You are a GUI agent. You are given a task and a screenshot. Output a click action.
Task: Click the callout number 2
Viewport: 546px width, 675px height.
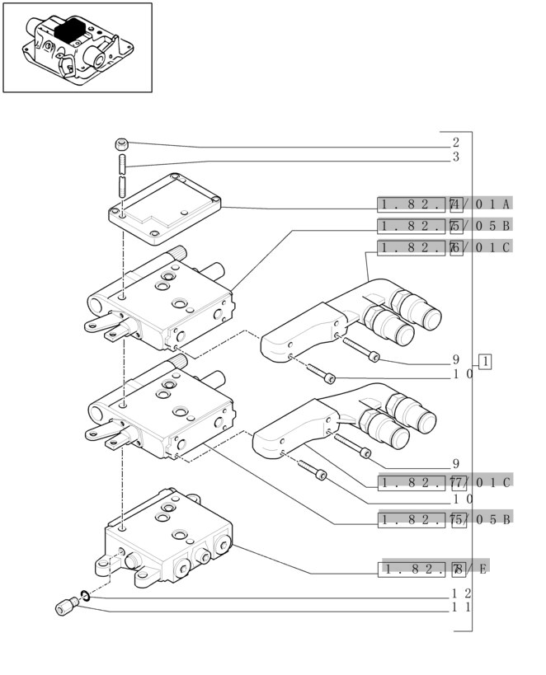pyautogui.click(x=455, y=143)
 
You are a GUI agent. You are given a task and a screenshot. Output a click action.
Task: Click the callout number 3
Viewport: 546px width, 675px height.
pyautogui.click(x=455, y=157)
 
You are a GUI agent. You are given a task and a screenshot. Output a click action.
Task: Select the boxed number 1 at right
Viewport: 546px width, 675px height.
pyautogui.click(x=485, y=361)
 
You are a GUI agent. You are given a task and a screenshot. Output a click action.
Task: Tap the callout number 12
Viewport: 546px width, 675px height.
pyautogui.click(x=461, y=593)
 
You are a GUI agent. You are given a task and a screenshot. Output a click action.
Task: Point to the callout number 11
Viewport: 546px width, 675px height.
pyautogui.click(x=461, y=607)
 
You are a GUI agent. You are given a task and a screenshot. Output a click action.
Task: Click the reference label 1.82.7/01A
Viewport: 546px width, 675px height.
pyautogui.click(x=445, y=204)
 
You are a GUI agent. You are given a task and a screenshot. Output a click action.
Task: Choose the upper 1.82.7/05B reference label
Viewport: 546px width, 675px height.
pyautogui.click(x=445, y=225)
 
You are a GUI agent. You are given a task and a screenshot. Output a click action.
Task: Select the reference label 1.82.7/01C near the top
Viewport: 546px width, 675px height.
pyautogui.click(x=445, y=246)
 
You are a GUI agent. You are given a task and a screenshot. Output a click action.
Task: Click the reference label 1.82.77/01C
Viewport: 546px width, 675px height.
pyautogui.click(x=445, y=481)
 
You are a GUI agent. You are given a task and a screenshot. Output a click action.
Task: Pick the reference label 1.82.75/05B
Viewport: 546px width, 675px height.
pyautogui.click(x=445, y=518)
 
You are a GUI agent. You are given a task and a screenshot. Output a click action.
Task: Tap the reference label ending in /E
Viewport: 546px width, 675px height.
pyautogui.click(x=433, y=568)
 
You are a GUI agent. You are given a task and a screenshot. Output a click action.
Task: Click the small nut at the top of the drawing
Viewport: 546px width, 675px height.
pyautogui.click(x=120, y=143)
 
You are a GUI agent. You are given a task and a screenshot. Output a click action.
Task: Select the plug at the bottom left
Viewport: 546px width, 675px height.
pyautogui.click(x=64, y=607)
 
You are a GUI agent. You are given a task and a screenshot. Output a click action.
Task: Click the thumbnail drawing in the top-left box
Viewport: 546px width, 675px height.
pyautogui.click(x=78, y=47)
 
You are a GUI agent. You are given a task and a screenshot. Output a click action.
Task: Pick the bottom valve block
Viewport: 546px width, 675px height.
pyautogui.click(x=165, y=540)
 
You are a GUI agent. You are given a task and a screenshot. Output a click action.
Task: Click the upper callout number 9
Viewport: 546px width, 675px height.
pyautogui.click(x=455, y=359)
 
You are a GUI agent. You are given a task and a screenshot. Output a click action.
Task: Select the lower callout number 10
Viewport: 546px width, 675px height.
pyautogui.click(x=461, y=498)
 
